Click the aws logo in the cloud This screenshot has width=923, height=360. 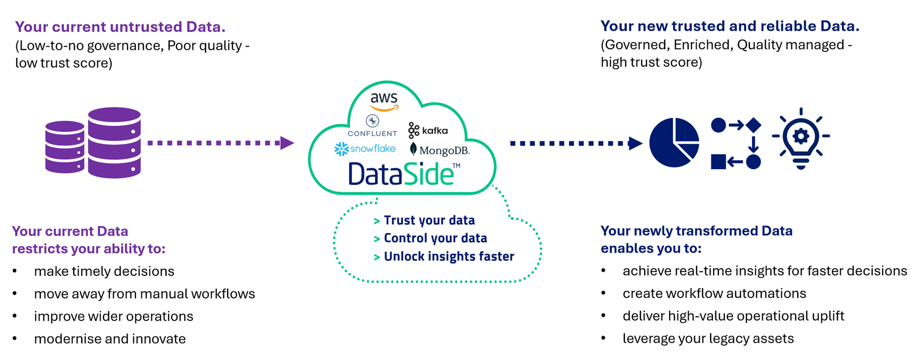point(384,101)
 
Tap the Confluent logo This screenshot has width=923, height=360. point(372,126)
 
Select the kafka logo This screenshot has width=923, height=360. point(428,130)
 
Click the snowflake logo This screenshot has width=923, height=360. point(365,149)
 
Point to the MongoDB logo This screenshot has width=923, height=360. point(439,150)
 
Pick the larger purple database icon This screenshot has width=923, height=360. point(114,143)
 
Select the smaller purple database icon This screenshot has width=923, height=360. point(64,147)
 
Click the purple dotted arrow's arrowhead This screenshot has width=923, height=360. point(287,143)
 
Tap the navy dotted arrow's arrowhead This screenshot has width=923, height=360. point(635,143)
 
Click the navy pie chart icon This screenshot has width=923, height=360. point(674,143)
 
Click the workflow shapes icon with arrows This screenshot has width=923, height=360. point(736,143)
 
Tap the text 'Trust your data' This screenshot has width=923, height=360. point(429,220)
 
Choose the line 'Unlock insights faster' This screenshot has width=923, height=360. point(449,256)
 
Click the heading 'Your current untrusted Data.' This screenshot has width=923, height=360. point(120,26)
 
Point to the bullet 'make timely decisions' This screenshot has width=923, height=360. point(104,271)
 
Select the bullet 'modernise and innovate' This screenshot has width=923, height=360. point(110,339)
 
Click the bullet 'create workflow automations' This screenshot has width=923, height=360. point(714,293)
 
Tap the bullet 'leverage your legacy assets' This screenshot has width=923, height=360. point(708,338)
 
